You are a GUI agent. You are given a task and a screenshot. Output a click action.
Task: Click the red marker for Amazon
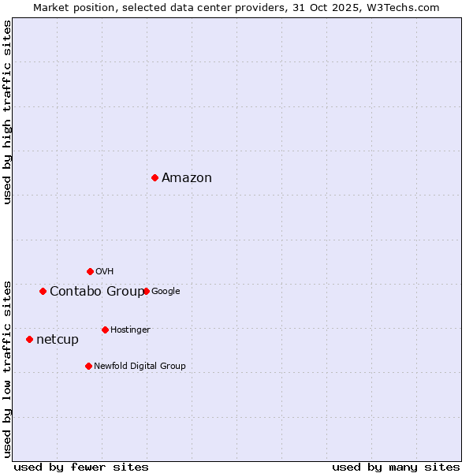pyautogui.click(x=155, y=177)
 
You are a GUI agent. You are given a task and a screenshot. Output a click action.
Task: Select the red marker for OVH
pyautogui.click(x=90, y=271)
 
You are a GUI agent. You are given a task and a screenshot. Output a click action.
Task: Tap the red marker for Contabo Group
pyautogui.click(x=43, y=291)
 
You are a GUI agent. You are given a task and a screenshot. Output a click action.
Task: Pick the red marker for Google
pyautogui.click(x=146, y=291)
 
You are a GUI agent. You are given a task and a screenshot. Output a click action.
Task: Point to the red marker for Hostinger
pyautogui.click(x=105, y=330)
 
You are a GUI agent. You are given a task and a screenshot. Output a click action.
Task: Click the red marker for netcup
pyautogui.click(x=29, y=339)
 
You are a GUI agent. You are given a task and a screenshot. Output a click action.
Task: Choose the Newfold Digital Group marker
pyautogui.click(x=88, y=366)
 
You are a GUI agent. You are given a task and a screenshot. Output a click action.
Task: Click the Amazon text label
pyautogui.click(x=187, y=178)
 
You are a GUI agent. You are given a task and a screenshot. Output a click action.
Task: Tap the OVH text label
pyautogui.click(x=104, y=272)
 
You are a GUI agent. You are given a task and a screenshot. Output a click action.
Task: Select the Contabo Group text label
pyautogui.click(x=97, y=292)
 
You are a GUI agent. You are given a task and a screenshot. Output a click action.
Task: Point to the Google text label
pyautogui.click(x=166, y=292)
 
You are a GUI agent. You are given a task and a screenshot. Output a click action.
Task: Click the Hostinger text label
pyautogui.click(x=130, y=330)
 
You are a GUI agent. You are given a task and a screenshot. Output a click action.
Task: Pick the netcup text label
pyautogui.click(x=58, y=340)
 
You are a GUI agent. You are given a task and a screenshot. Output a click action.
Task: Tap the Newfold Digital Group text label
pyautogui.click(x=140, y=367)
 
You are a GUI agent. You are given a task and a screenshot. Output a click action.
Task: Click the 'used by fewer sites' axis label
pyautogui.click(x=81, y=467)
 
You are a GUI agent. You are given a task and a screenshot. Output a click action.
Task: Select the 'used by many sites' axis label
pyautogui.click(x=396, y=467)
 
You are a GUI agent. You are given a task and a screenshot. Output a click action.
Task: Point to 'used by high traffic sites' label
pyautogui.click(x=7, y=112)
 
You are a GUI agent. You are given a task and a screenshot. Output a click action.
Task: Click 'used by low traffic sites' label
pyautogui.click(x=7, y=368)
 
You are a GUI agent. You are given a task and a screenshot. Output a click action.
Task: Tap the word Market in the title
pyautogui.click(x=51, y=7)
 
